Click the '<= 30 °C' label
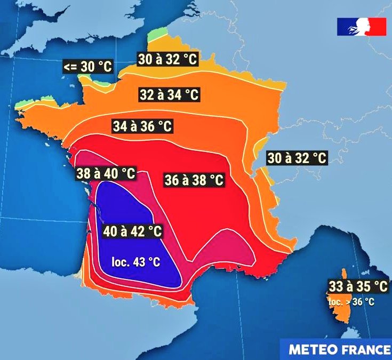pyautogui.click(x=88, y=67)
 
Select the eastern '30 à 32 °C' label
pyautogui.click(x=297, y=158)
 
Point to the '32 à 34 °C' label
pyautogui.click(x=170, y=95)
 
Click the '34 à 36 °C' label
pyautogui.click(x=143, y=126)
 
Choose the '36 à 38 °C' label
pyautogui.click(x=194, y=180)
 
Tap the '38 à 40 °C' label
pyautogui.click(x=105, y=173)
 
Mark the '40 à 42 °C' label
pyautogui.click(x=132, y=231)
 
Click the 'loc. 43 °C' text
pyautogui.click(x=135, y=262)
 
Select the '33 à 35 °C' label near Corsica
pyautogui.click(x=357, y=286)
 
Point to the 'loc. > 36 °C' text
pyautogui.click(x=351, y=302)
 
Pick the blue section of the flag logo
pyautogui.click(x=344, y=27)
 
